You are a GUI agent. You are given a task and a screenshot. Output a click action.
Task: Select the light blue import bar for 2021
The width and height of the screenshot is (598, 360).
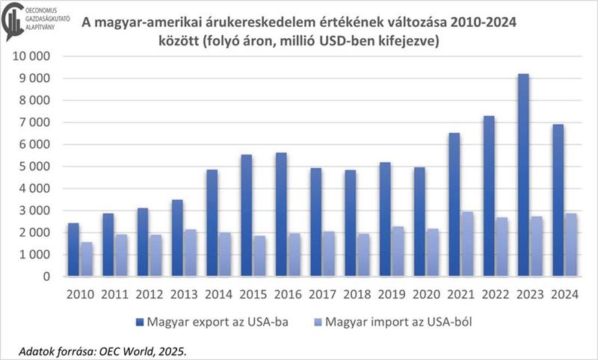(467, 244)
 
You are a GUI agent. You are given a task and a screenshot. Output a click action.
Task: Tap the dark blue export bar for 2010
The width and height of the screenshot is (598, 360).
(73, 249)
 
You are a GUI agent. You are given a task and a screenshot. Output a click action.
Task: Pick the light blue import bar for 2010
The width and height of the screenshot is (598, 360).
(87, 259)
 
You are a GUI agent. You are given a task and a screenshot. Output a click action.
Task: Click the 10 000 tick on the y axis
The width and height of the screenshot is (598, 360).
(33, 57)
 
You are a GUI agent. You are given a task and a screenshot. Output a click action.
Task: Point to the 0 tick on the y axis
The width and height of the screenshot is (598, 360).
(46, 277)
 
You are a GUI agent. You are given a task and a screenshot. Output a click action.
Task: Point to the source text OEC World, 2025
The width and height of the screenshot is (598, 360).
(149, 350)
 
